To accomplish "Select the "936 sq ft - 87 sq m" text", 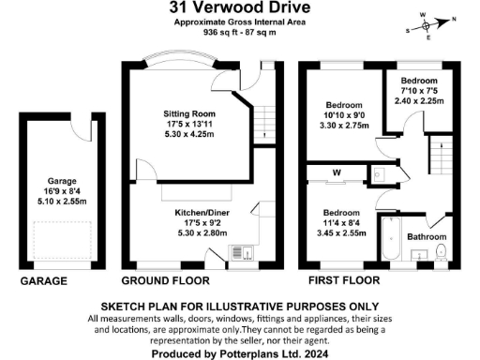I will [x=240, y=31].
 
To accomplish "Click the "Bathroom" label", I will [x=426, y=236].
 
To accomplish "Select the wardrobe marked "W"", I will [x=337, y=172].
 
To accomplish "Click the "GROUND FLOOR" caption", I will [x=167, y=280].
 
